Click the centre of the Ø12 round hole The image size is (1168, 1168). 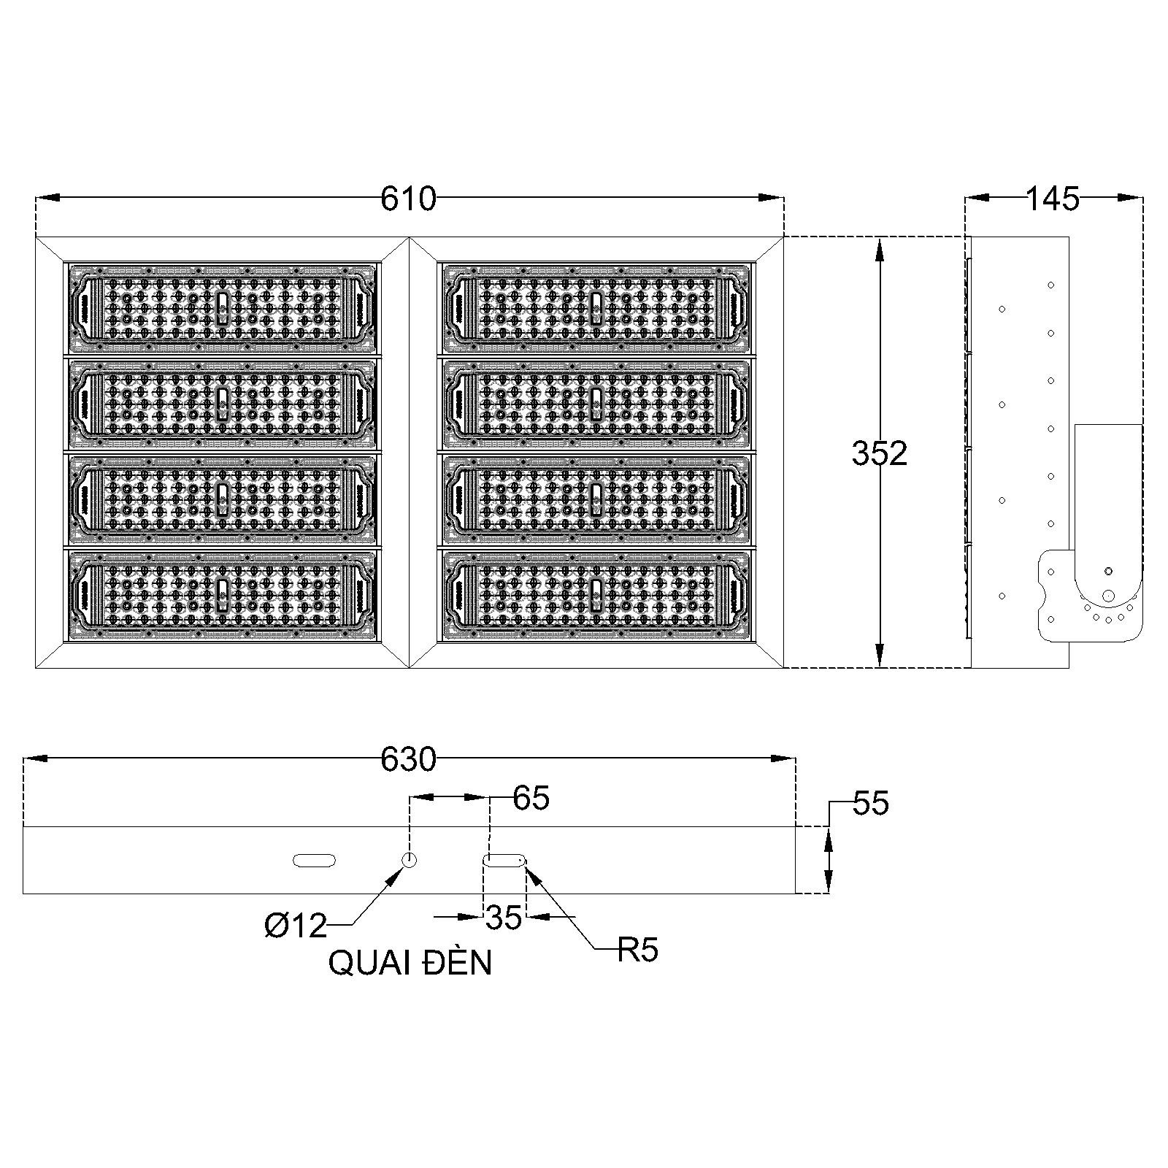pyautogui.click(x=410, y=859)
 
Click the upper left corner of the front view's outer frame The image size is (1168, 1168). pyautogui.click(x=36, y=237)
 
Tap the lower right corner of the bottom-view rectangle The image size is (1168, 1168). pyautogui.click(x=795, y=893)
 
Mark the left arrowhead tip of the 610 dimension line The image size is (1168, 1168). pyautogui.click(x=36, y=197)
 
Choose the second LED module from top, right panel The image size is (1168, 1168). pyautogui.click(x=595, y=404)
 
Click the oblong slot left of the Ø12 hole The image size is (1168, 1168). pyautogui.click(x=314, y=861)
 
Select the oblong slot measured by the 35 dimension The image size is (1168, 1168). pyautogui.click(x=504, y=861)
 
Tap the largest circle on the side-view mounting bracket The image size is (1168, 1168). pyautogui.click(x=1108, y=596)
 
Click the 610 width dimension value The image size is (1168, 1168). pyautogui.click(x=408, y=199)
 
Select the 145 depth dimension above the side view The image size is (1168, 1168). pyautogui.click(x=1052, y=199)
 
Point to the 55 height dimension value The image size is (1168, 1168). pyautogui.click(x=871, y=804)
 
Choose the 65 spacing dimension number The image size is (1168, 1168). pyautogui.click(x=531, y=798)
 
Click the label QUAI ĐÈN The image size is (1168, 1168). pyautogui.click(x=410, y=964)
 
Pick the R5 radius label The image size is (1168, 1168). pyautogui.click(x=638, y=950)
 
